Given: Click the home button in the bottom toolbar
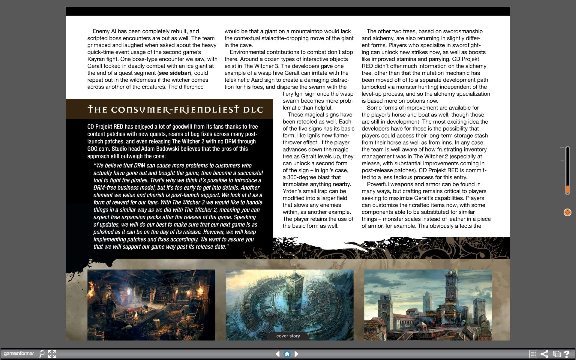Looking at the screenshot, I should point(287,354).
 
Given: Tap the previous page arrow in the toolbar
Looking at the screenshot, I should point(277,354).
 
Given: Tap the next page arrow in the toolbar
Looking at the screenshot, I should point(297,354).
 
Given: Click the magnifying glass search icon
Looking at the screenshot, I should point(42,354).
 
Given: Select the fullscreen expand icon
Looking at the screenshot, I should point(52,354).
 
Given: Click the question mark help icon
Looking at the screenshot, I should point(566,354).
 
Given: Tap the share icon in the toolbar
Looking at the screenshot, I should point(544,354).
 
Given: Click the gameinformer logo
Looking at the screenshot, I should point(19,353).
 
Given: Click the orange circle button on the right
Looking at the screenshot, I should point(567,212).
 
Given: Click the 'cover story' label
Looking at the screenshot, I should point(288,336).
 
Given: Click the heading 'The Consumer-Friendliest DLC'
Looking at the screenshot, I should point(175,110).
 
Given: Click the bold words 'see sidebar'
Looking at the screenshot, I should point(174,73).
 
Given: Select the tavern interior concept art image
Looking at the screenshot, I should point(151,305).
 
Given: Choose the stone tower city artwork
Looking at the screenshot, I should point(428,305).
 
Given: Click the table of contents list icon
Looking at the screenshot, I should point(533,354).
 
